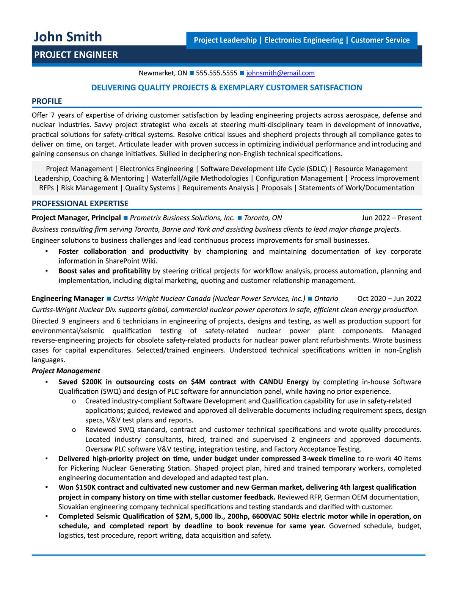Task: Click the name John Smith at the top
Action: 68,37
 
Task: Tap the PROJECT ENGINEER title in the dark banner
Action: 76,55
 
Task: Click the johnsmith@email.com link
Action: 280,73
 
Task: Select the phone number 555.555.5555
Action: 217,73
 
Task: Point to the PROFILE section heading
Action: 47,101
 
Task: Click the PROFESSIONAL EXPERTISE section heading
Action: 80,204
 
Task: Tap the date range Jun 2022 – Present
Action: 391,218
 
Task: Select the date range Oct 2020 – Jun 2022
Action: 389,298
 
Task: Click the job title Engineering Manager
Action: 67,298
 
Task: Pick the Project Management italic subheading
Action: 66,371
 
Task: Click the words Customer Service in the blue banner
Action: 380,40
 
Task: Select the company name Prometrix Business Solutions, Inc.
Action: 182,218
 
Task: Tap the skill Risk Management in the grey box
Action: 89,188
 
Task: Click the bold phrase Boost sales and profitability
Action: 104,271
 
